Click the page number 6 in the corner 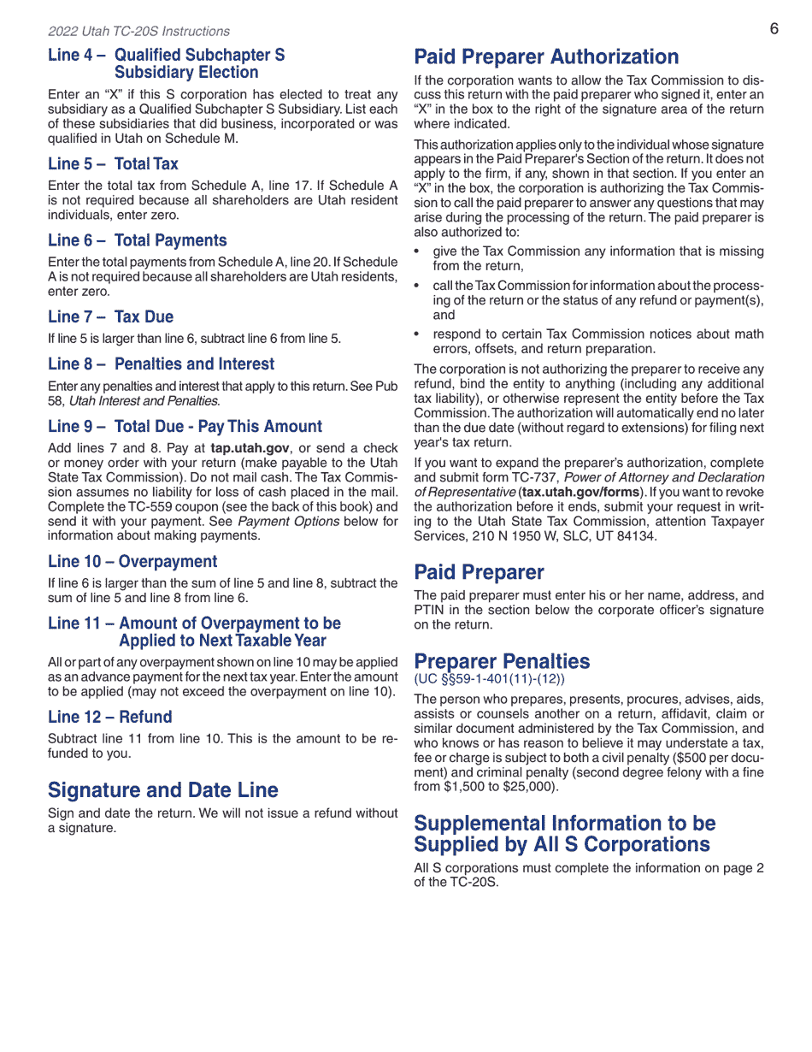pos(774,29)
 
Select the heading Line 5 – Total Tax pos(113,163)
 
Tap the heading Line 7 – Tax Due pos(110,316)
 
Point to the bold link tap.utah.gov pos(250,448)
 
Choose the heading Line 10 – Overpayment pos(132,561)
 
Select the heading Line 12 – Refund pos(109,717)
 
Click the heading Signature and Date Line pos(163,789)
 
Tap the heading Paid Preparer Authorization pos(546,57)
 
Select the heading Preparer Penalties pos(502,661)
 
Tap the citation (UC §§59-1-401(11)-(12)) pos(489,679)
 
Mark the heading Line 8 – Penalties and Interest pos(162,363)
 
